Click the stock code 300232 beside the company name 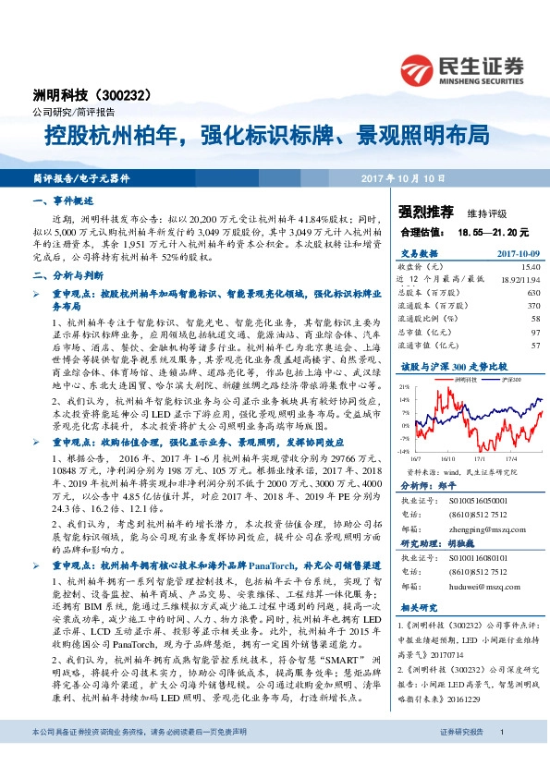click(x=135, y=95)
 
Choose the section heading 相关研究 click(x=416, y=609)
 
